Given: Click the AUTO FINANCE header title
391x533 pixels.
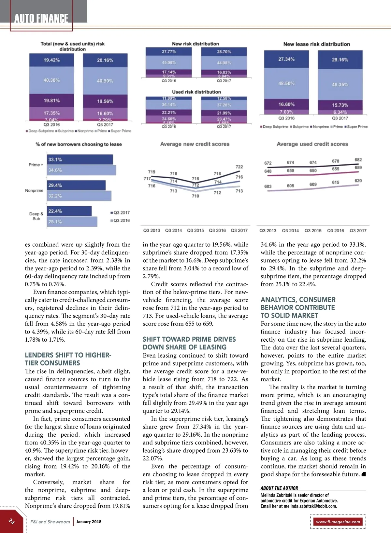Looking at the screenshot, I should (41, 19).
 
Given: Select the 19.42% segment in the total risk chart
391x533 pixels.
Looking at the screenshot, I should (51, 60).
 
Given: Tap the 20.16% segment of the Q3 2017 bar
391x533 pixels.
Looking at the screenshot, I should (105, 60).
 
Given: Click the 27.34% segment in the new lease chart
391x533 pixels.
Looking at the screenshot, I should (286, 59).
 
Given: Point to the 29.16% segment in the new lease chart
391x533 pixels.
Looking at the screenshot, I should (340, 60).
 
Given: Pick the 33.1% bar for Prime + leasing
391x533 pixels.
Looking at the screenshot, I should (80, 159).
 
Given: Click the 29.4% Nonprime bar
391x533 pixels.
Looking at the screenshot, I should (76, 185).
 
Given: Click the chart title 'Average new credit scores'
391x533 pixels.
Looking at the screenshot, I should (195, 144).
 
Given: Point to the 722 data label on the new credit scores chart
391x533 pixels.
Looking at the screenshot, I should (239, 167).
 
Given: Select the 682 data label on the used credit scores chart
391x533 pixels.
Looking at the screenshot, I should (358, 160).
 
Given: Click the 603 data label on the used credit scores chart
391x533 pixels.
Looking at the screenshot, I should (268, 186).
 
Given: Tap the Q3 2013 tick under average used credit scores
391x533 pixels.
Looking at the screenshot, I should (268, 230).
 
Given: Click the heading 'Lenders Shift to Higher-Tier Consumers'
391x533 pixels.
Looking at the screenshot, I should (68, 359).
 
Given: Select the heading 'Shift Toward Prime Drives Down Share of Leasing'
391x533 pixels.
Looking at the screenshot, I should (189, 343).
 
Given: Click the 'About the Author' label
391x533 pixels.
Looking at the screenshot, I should (279, 488).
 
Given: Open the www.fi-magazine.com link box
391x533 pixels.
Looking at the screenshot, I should (338, 522).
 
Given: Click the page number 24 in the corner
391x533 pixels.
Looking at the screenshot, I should (11, 521).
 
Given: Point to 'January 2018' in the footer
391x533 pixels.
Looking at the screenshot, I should (89, 522).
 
